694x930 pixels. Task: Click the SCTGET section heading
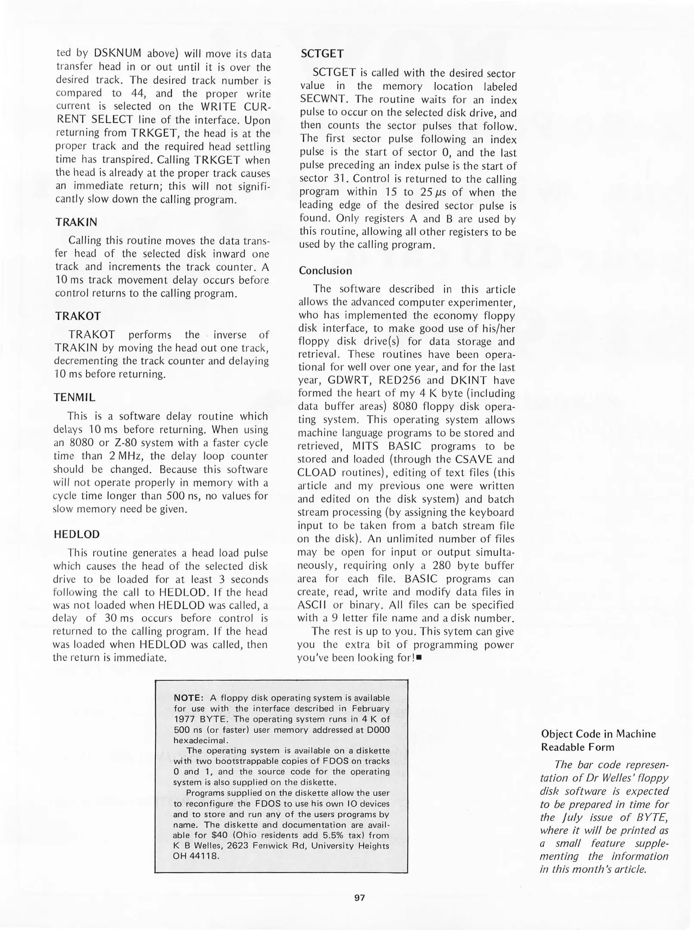(x=322, y=54)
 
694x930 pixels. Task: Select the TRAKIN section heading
(x=76, y=222)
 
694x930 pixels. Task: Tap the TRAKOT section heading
(x=78, y=316)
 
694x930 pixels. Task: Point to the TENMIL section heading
(x=74, y=397)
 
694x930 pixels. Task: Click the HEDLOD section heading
(x=77, y=534)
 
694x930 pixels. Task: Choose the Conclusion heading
(x=325, y=270)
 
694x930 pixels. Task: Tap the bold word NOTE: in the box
(x=188, y=698)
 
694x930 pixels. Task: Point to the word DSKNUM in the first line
(x=117, y=53)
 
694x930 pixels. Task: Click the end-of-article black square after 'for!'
(x=418, y=658)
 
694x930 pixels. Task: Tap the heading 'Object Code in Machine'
(x=598, y=734)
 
